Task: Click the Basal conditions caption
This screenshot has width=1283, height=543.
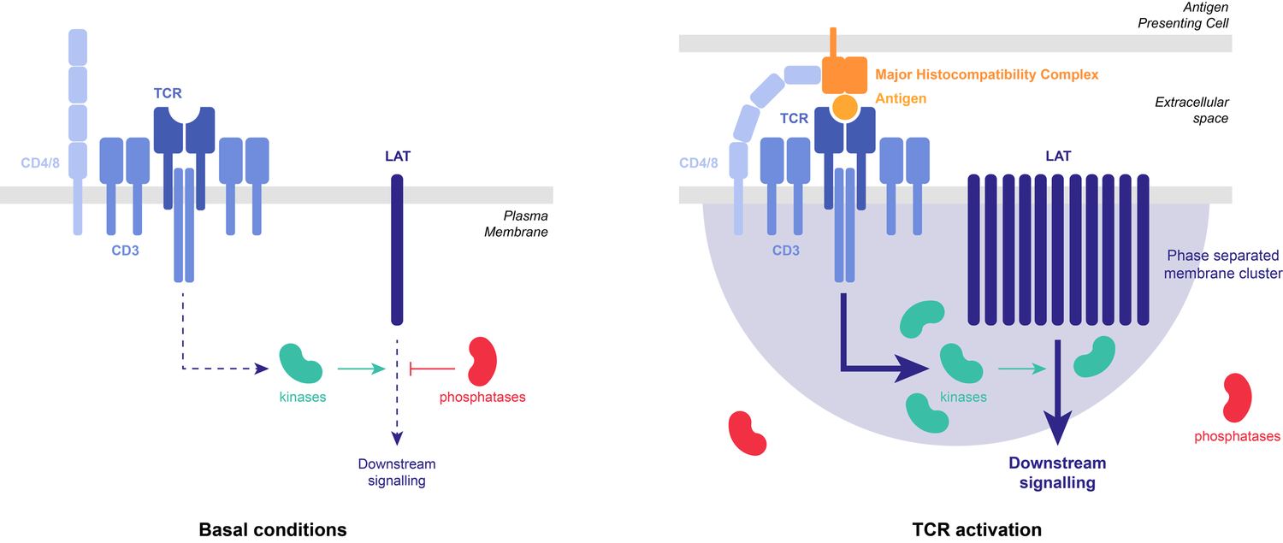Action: coord(272,529)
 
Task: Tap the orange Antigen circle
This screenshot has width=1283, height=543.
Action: coord(844,107)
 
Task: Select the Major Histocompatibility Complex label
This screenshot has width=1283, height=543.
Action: coord(986,75)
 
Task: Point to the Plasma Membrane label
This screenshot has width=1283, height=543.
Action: coord(520,223)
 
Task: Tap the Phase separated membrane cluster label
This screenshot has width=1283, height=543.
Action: coord(1222,264)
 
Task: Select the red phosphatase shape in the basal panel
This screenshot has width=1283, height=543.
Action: coord(483,360)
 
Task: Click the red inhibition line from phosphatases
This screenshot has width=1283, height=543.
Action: coord(434,369)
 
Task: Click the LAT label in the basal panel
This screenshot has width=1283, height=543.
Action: coord(397,156)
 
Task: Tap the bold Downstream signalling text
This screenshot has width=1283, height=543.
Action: coord(1056,473)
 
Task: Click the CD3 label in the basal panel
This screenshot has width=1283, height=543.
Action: coord(125,252)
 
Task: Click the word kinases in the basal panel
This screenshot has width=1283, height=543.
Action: coord(302,398)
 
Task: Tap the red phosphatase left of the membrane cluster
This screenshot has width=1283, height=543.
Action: coord(747,432)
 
